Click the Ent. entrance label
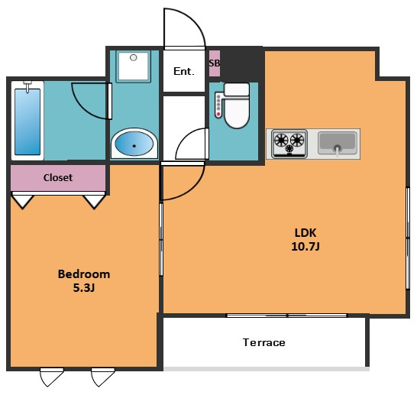coord(184,71)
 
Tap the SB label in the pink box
coord(215,63)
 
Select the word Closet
coord(58,177)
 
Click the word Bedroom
coord(84,274)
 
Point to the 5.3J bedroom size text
coord(84,288)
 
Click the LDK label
coord(305,233)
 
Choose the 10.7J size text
coord(305,247)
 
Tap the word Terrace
coord(264,342)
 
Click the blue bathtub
coord(27,121)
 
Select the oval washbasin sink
coord(134,144)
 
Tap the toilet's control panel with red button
coord(218,105)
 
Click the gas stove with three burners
coord(289,144)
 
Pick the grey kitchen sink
coord(338,143)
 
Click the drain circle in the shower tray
coord(134,57)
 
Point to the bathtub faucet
coord(27,86)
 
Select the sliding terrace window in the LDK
coord(287,316)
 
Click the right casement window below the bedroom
coord(102,377)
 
